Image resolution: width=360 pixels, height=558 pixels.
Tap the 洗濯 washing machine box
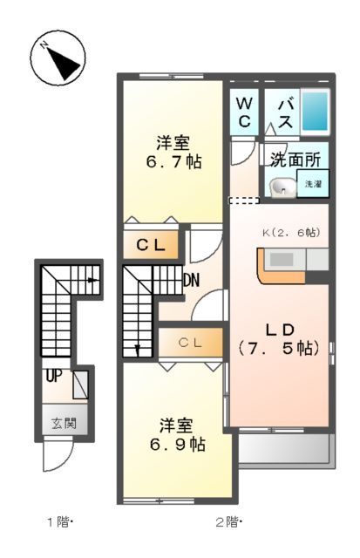pos(312,185)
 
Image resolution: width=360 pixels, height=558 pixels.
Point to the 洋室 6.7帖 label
pos(174,152)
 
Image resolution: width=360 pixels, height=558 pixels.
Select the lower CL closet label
pos(191,343)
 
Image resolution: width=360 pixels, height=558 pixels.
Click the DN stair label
pos(194,282)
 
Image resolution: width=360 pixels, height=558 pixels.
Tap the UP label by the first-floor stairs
pos(54,377)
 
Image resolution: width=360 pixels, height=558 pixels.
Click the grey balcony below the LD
pos(285,449)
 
